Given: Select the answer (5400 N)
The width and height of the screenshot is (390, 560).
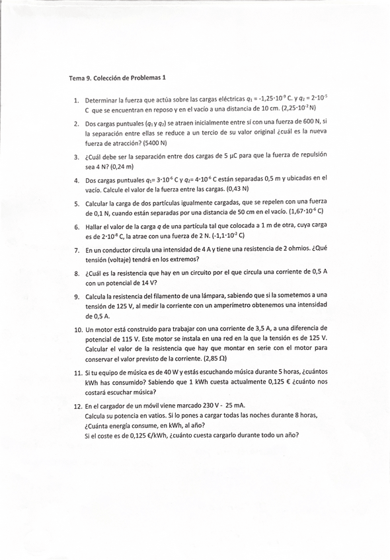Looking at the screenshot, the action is click(x=153, y=143).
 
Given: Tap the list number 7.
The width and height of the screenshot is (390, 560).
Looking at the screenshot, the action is click(x=77, y=250).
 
